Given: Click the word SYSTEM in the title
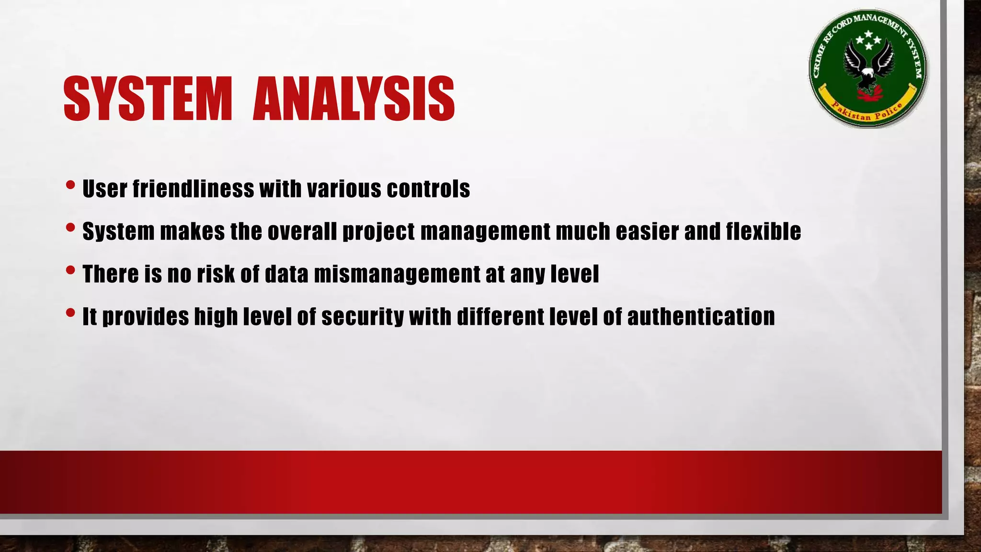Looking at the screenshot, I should pyautogui.click(x=148, y=99).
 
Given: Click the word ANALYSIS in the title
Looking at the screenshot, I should pyautogui.click(x=354, y=99).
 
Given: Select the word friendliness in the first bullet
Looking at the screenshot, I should pyautogui.click(x=193, y=188).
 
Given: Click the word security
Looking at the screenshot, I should pyautogui.click(x=363, y=317).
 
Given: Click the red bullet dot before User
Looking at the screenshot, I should pyautogui.click(x=70, y=185).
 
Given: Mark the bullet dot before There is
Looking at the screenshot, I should pyautogui.click(x=70, y=270).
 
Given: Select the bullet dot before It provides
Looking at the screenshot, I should pyautogui.click(x=70, y=313).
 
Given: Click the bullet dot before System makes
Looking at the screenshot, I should pyautogui.click(x=70, y=228).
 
